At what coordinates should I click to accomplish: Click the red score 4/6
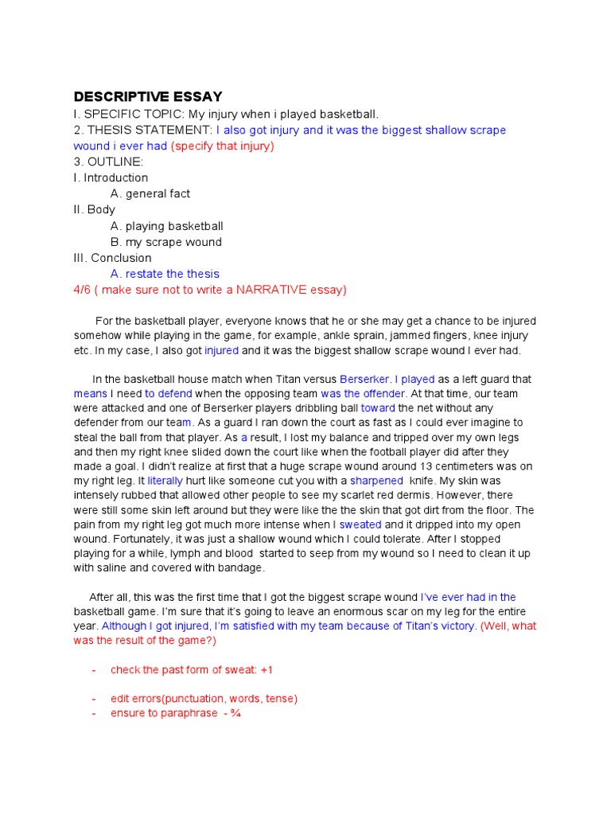coord(82,290)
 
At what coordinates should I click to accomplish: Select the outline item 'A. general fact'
coord(150,193)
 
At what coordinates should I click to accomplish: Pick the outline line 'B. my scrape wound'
coord(165,242)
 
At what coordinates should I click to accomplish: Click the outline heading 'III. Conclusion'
coord(112,258)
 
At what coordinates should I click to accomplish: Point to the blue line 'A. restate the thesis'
coord(165,274)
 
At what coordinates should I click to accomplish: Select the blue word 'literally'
coord(165,481)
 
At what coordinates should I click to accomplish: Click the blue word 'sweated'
coord(360,524)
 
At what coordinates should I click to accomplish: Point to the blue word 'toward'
coord(378,408)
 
